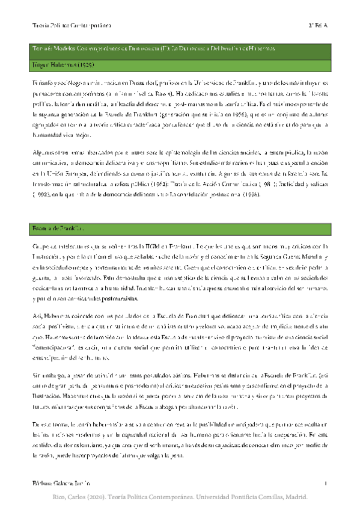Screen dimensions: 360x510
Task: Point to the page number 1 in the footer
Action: click(x=325, y=483)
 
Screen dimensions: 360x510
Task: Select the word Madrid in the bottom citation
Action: click(x=294, y=499)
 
